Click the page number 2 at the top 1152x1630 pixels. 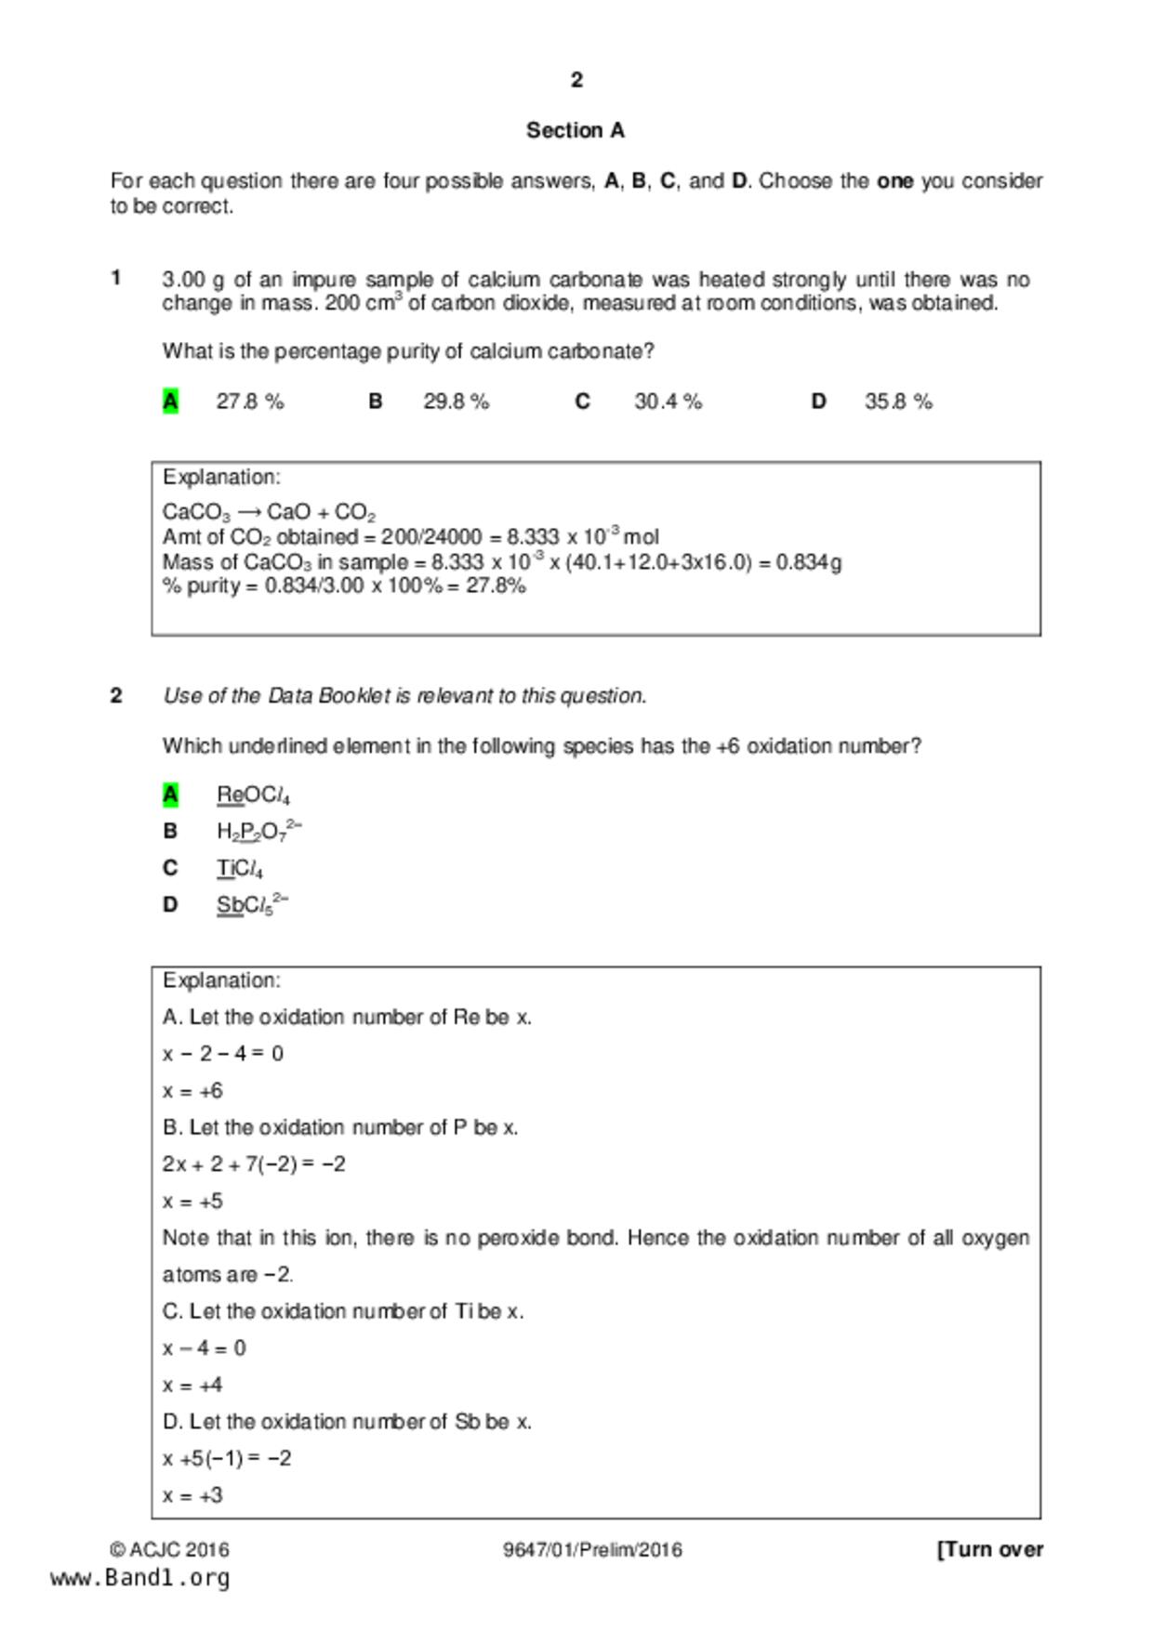point(576,81)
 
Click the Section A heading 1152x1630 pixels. point(576,131)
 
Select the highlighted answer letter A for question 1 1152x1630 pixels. point(170,401)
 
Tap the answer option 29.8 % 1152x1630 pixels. point(456,401)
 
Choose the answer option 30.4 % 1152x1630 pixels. point(668,401)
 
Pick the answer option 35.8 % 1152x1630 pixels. point(898,401)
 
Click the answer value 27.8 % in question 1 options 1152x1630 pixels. point(250,401)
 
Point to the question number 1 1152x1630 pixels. point(116,278)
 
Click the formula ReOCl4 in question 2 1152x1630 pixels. point(253,795)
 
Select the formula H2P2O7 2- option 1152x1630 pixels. point(259,831)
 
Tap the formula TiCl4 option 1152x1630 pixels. point(240,869)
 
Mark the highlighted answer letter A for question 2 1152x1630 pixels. point(170,795)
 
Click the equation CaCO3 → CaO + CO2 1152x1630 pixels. point(269,513)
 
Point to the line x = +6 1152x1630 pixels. point(192,1091)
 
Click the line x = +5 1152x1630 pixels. point(192,1202)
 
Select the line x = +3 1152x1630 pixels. point(192,1496)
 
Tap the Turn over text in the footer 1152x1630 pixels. point(990,1550)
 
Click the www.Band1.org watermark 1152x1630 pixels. point(140,1578)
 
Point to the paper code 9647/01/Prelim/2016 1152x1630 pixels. point(592,1550)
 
